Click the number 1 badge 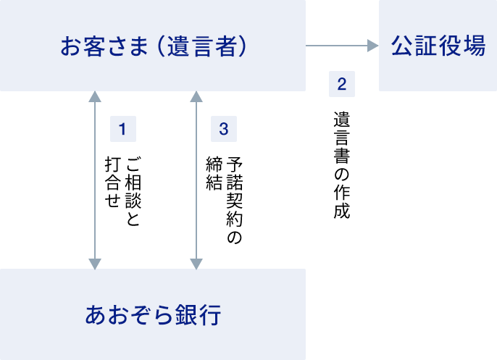pyautogui.click(x=123, y=130)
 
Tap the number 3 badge pyautogui.click(x=224, y=130)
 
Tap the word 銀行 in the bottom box pyautogui.click(x=199, y=315)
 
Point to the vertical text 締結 pyautogui.click(x=213, y=174)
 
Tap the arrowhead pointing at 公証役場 pyautogui.click(x=373, y=46)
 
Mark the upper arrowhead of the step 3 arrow pyautogui.click(x=196, y=96)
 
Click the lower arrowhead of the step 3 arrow pyautogui.click(x=196, y=264)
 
